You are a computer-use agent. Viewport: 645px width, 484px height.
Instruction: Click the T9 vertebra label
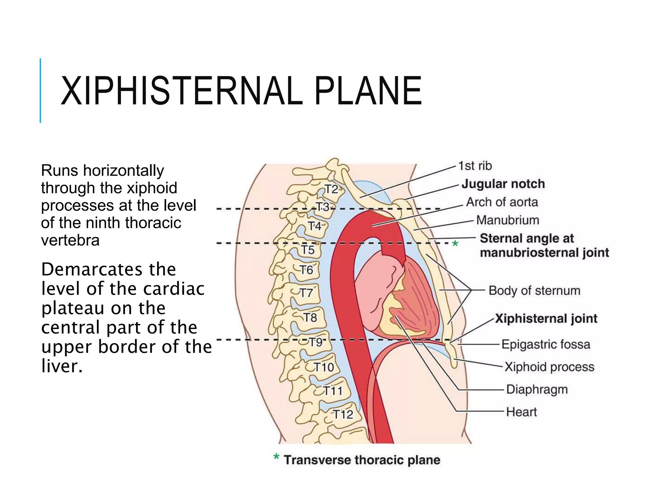coord(315,342)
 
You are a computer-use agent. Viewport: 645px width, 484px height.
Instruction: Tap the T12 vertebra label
coord(343,414)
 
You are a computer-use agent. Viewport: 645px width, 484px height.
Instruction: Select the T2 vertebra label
coord(331,189)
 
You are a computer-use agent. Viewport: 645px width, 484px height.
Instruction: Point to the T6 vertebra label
coord(306,270)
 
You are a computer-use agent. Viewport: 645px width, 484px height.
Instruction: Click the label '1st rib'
coord(475,166)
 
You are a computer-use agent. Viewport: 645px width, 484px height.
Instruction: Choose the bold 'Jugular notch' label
coord(503,184)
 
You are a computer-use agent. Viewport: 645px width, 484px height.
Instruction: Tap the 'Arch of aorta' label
coord(502,202)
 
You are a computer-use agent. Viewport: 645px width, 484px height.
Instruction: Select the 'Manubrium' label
coord(507,220)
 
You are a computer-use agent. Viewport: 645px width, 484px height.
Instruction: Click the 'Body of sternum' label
coord(534,290)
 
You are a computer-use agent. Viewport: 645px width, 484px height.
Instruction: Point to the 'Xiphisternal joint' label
coord(546,318)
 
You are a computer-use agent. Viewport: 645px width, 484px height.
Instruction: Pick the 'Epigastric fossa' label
coord(545,344)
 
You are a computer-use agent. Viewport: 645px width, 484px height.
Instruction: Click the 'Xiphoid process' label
coord(549,367)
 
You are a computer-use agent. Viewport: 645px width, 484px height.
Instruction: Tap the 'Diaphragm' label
coord(537,389)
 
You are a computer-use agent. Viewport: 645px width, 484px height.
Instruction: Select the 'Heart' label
coord(521,412)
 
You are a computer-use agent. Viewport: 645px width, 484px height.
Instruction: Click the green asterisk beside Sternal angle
coord(455,244)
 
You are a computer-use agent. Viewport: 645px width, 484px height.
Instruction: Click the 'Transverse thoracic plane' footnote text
coord(362,460)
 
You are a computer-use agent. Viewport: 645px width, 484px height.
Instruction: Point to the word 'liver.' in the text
coord(62,366)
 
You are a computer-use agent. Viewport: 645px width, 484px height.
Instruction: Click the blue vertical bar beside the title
coord(40,90)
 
